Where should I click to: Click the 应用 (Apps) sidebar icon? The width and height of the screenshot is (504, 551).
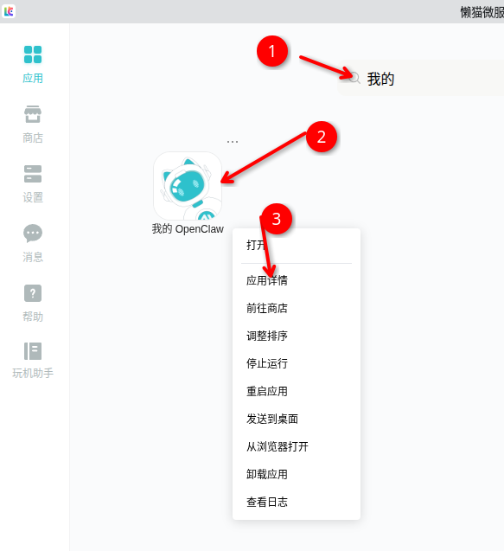(x=33, y=54)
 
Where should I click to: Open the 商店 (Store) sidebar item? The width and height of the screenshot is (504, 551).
(x=33, y=114)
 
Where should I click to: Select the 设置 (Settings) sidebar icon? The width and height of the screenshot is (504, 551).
(x=33, y=174)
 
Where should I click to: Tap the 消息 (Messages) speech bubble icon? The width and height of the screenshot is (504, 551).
(x=33, y=234)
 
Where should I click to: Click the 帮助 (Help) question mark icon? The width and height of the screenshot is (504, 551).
(x=33, y=293)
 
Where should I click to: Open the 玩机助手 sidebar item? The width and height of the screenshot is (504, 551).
(x=33, y=351)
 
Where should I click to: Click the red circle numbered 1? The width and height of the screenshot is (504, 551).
(x=272, y=51)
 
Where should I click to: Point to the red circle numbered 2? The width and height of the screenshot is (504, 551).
(x=322, y=137)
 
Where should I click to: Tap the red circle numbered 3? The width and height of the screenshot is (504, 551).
(x=277, y=219)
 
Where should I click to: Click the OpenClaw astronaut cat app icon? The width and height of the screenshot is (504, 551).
(x=188, y=185)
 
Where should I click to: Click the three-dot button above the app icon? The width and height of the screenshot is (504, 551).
(x=233, y=142)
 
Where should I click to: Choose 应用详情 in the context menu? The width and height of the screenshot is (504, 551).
(x=267, y=280)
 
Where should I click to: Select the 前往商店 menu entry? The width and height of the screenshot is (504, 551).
(x=267, y=308)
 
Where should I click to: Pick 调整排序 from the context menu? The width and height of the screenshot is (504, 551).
(x=267, y=336)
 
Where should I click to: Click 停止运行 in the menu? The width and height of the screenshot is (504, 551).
(x=267, y=363)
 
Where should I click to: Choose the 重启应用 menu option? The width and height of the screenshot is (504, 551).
(x=267, y=391)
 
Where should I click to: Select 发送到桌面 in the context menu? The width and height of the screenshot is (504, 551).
(x=272, y=419)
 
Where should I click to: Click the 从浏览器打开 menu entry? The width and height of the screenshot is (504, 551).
(x=278, y=446)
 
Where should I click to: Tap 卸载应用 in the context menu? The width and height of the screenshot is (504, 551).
(x=267, y=474)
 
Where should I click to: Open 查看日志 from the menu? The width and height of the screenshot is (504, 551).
(x=267, y=502)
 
